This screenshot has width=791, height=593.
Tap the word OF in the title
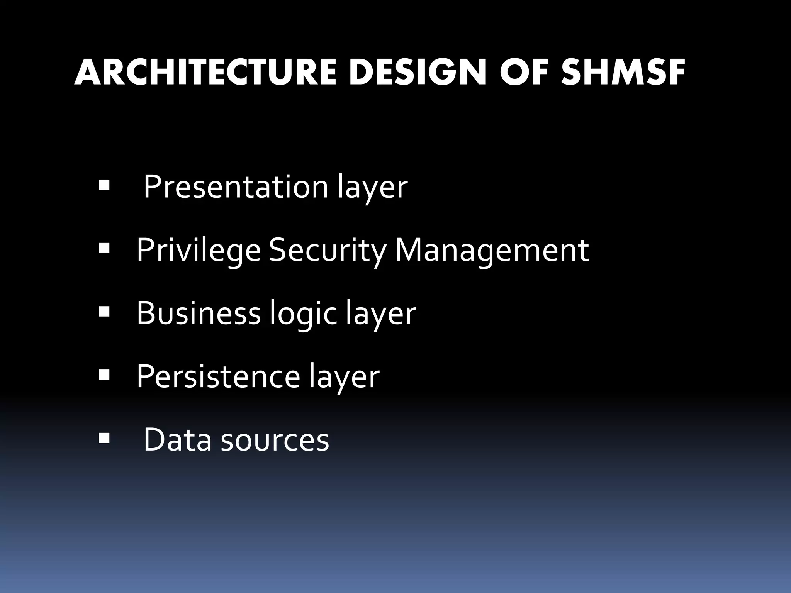tap(524, 73)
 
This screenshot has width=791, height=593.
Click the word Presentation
tap(236, 187)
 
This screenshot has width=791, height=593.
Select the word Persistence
tap(218, 376)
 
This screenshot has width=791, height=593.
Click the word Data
tap(177, 439)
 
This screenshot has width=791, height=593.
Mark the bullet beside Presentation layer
tap(104, 185)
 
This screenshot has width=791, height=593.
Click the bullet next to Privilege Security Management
tap(104, 249)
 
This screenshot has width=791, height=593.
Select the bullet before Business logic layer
tap(104, 311)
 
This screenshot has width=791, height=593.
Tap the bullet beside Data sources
tap(104, 438)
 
